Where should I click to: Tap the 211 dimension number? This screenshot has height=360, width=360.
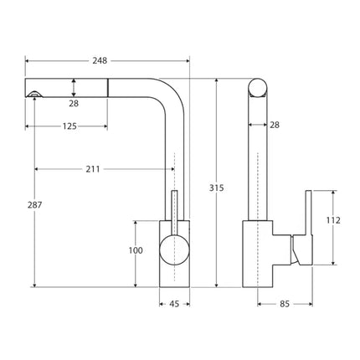coord(92,169)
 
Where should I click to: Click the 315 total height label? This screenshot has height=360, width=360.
coord(217,188)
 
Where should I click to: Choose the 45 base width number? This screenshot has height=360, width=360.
coord(174,304)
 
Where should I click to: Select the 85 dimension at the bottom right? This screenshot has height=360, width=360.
coord(286,304)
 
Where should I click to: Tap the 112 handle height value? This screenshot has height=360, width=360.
coord(334,221)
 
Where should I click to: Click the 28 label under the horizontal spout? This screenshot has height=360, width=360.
coord(75,103)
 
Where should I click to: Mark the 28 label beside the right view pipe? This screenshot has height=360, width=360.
coord(275,125)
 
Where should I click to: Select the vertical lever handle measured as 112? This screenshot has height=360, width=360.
coord(308,219)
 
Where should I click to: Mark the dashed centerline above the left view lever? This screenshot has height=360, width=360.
coord(173,172)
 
